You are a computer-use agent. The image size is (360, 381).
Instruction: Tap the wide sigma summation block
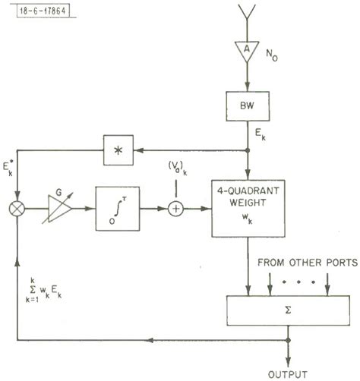click(288, 307)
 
